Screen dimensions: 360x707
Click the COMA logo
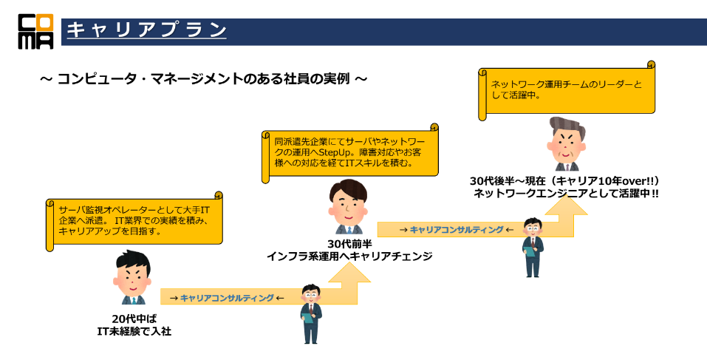click(35, 31)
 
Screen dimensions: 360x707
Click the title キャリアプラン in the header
click(146, 30)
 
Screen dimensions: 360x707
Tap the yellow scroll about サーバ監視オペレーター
click(134, 220)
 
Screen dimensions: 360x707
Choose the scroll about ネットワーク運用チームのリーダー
click(567, 89)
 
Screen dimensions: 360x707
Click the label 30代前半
click(349, 243)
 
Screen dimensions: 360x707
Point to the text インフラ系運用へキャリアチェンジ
click(349, 256)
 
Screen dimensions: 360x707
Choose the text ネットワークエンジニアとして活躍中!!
click(567, 194)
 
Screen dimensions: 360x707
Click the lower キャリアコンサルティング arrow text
click(227, 297)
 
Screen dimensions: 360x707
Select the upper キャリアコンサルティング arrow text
click(457, 230)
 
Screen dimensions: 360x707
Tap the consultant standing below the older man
click(533, 247)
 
